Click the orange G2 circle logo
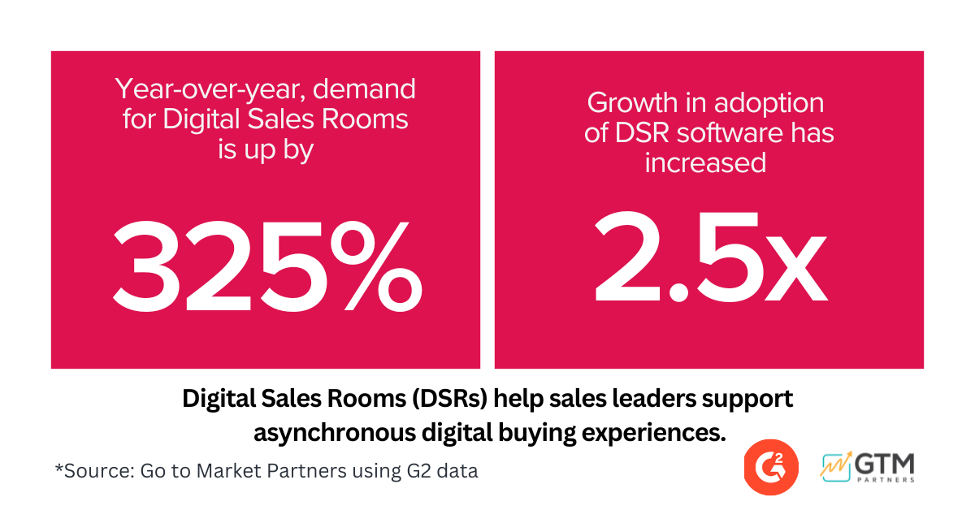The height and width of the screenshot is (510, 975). pos(769,469)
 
